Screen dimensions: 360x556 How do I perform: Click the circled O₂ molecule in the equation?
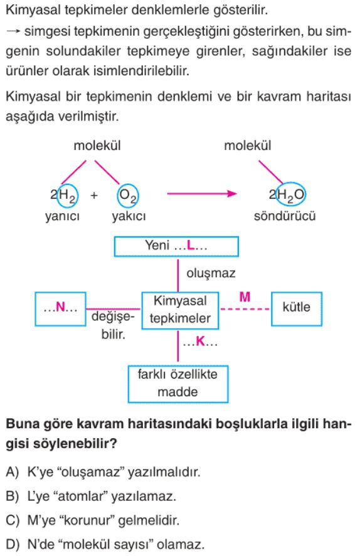click(x=128, y=196)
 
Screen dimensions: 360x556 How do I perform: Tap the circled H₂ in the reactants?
click(x=68, y=195)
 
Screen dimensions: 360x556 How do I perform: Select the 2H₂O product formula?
click(x=287, y=194)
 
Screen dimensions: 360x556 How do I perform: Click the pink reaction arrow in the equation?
click(x=202, y=194)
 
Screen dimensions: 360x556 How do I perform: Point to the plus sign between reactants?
click(x=94, y=195)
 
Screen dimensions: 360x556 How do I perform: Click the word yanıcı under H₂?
click(x=63, y=216)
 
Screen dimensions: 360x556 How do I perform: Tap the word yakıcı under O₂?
click(x=129, y=216)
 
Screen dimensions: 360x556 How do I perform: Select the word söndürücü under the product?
click(x=285, y=216)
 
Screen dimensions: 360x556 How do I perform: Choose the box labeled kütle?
click(x=297, y=309)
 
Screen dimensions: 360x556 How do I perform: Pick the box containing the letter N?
click(x=60, y=309)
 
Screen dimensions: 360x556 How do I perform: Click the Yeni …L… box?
click(x=176, y=246)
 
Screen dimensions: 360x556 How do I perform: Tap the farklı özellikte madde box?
click(x=177, y=384)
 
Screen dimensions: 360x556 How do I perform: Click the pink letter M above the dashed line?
click(x=245, y=296)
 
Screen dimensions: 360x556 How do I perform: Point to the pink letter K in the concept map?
click(x=201, y=342)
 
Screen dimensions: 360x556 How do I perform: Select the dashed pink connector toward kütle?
click(x=245, y=309)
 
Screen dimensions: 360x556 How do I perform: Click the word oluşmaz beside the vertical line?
click(x=211, y=273)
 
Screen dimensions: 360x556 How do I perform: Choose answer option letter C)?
click(x=13, y=520)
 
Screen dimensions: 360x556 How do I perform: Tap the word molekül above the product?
click(x=248, y=145)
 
